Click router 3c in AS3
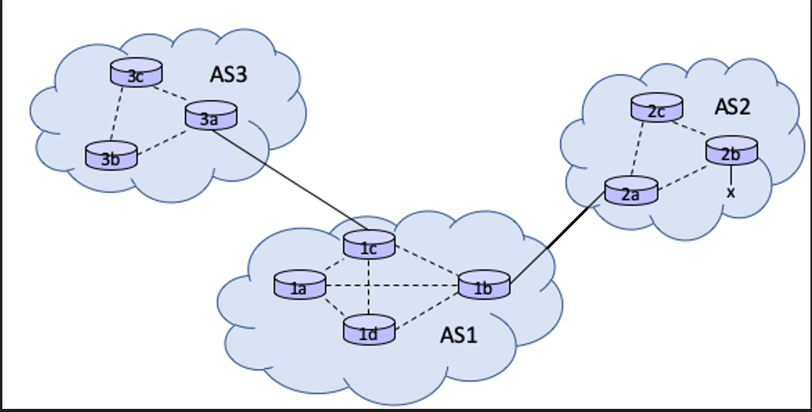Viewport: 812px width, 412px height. [137, 74]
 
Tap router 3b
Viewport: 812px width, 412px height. [111, 156]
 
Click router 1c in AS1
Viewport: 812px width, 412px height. [370, 246]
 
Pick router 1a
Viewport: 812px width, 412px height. [299, 286]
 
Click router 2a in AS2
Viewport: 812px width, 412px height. [630, 192]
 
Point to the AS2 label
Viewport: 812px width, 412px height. [732, 106]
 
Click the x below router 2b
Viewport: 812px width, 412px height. [731, 192]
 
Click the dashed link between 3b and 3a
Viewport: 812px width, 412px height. [162, 142]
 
